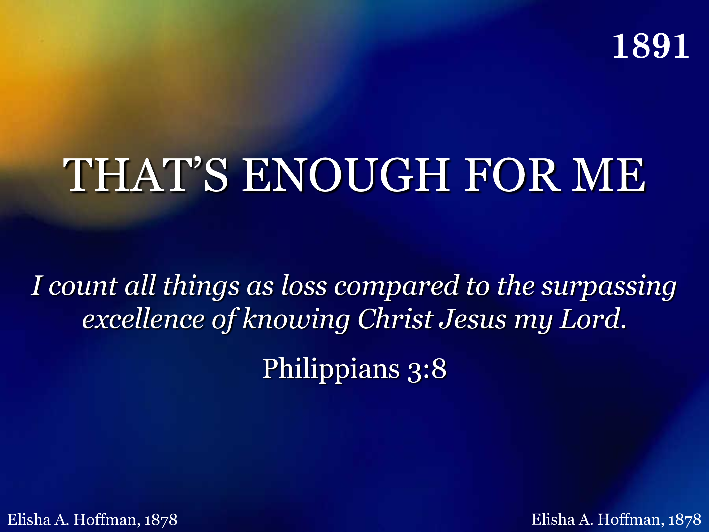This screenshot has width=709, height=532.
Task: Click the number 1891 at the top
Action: click(651, 47)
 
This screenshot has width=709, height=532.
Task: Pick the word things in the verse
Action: click(201, 286)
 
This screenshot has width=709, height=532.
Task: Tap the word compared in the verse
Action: click(397, 286)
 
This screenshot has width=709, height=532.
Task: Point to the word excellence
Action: click(143, 319)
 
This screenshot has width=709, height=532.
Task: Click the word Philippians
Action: click(331, 369)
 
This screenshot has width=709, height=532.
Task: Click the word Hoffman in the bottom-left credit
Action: click(107, 520)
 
